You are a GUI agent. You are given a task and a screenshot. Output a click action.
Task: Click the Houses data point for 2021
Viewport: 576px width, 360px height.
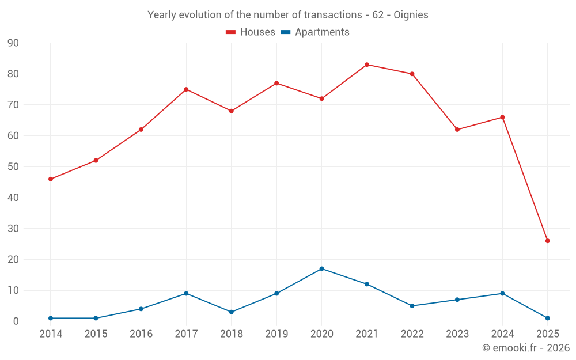(367, 65)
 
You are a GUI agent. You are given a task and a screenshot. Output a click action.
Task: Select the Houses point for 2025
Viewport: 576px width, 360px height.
(547, 241)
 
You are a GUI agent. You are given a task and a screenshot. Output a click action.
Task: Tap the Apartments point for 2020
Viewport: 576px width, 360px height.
(321, 268)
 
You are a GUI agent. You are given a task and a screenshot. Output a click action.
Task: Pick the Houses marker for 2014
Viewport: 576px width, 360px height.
(51, 179)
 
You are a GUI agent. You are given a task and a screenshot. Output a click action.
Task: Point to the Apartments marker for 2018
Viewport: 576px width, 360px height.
(232, 312)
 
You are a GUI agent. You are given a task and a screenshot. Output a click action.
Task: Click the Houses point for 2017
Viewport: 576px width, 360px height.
(186, 89)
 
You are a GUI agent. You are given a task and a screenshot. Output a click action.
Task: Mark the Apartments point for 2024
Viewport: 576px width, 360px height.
(502, 293)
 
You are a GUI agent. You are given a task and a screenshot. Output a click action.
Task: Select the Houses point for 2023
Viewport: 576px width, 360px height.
(457, 130)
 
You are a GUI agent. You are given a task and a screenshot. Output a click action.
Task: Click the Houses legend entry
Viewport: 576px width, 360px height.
(251, 32)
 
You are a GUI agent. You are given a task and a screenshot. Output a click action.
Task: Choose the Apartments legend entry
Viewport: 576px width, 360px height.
(315, 32)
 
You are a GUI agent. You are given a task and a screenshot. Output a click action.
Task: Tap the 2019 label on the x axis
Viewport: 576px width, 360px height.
(276, 334)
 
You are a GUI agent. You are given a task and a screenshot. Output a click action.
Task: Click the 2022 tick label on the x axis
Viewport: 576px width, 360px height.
(412, 334)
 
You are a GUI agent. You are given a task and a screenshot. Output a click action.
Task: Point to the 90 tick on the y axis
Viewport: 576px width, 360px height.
(13, 43)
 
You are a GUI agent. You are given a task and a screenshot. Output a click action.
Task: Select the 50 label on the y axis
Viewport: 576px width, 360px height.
(13, 167)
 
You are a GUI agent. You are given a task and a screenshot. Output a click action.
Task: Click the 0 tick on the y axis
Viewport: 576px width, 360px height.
(16, 321)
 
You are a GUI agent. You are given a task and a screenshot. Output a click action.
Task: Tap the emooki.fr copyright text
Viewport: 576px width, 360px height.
(526, 348)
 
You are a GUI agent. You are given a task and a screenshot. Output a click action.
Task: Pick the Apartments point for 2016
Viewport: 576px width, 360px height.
(141, 309)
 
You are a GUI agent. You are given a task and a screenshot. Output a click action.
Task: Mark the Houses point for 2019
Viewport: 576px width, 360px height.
(276, 83)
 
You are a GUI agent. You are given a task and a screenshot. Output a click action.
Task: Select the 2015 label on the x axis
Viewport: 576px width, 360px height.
(96, 334)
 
